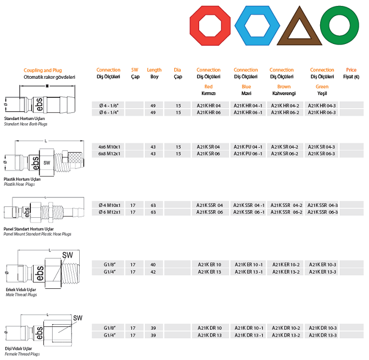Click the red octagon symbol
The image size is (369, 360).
click(x=210, y=26)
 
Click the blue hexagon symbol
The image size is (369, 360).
click(x=257, y=26)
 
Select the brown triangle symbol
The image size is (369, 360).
click(x=300, y=26)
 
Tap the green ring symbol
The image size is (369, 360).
click(x=340, y=26)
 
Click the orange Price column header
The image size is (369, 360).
click(x=351, y=70)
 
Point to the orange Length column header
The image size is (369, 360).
click(x=154, y=70)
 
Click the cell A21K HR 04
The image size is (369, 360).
click(x=209, y=106)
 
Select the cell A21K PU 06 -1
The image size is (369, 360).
click(x=248, y=154)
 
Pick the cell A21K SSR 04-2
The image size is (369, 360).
click(x=287, y=205)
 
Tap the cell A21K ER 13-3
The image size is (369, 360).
click(x=322, y=272)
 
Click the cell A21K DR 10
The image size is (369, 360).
click(x=209, y=328)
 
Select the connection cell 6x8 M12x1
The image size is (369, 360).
click(x=109, y=154)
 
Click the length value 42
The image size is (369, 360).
click(x=153, y=272)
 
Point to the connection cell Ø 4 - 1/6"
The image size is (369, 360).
click(x=109, y=106)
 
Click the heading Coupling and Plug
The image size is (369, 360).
click(x=42, y=70)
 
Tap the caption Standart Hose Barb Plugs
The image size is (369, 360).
click(x=26, y=124)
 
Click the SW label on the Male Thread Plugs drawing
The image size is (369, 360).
click(x=67, y=255)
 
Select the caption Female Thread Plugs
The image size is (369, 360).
click(x=22, y=354)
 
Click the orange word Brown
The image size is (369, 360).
click(x=284, y=87)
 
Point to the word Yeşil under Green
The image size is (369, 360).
click(x=322, y=93)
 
